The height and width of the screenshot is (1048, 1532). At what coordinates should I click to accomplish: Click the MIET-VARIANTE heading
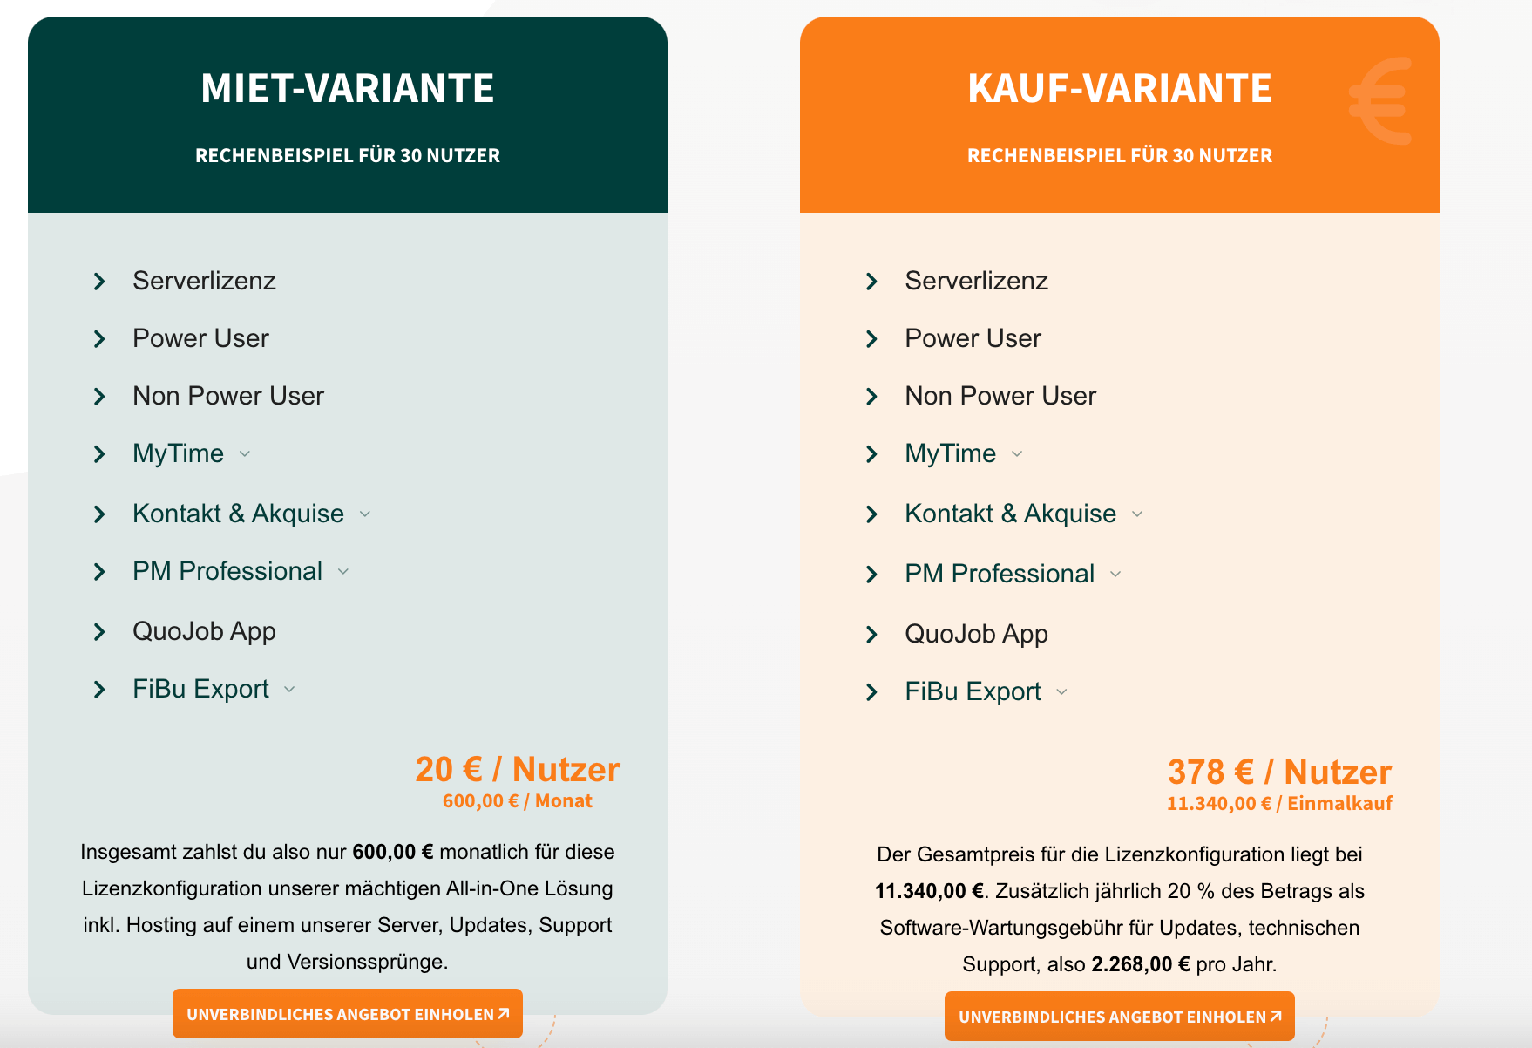point(347,89)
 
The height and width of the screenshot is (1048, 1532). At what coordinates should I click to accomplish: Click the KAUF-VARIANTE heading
point(1119,89)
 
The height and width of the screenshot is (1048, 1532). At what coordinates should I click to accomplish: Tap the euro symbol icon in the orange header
point(1380,101)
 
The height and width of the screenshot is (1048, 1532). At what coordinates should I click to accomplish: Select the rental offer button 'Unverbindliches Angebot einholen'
point(347,1014)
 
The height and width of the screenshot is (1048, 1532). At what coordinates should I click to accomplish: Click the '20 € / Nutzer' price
point(517,770)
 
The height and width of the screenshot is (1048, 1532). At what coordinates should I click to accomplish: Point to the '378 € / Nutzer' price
point(1278,772)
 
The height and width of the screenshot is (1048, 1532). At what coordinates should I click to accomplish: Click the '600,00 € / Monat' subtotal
point(517,801)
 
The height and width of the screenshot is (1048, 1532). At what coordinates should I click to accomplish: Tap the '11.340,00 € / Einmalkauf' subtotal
point(1278,804)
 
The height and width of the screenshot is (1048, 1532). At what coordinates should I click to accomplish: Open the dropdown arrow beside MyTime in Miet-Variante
point(245,454)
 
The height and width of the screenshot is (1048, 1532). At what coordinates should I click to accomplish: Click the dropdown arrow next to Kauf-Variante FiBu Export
point(1061,692)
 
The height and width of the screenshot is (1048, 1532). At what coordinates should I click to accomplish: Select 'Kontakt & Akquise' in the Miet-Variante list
point(238,514)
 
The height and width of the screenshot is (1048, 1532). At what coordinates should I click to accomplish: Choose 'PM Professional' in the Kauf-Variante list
point(999,574)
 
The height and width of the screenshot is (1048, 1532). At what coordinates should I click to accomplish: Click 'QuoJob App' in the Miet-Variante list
point(204,631)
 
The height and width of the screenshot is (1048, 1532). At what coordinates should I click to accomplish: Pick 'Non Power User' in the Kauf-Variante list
point(1000,396)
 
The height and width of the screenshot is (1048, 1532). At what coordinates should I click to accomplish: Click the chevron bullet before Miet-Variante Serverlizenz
point(99,282)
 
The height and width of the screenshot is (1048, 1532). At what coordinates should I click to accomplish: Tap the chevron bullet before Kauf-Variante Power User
point(871,339)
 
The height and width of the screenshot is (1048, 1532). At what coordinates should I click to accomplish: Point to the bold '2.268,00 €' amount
point(1140,964)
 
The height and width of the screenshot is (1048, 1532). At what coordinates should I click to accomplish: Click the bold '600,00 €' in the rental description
point(392,852)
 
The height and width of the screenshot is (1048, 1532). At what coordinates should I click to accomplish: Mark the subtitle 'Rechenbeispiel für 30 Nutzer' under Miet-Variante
point(347,156)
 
